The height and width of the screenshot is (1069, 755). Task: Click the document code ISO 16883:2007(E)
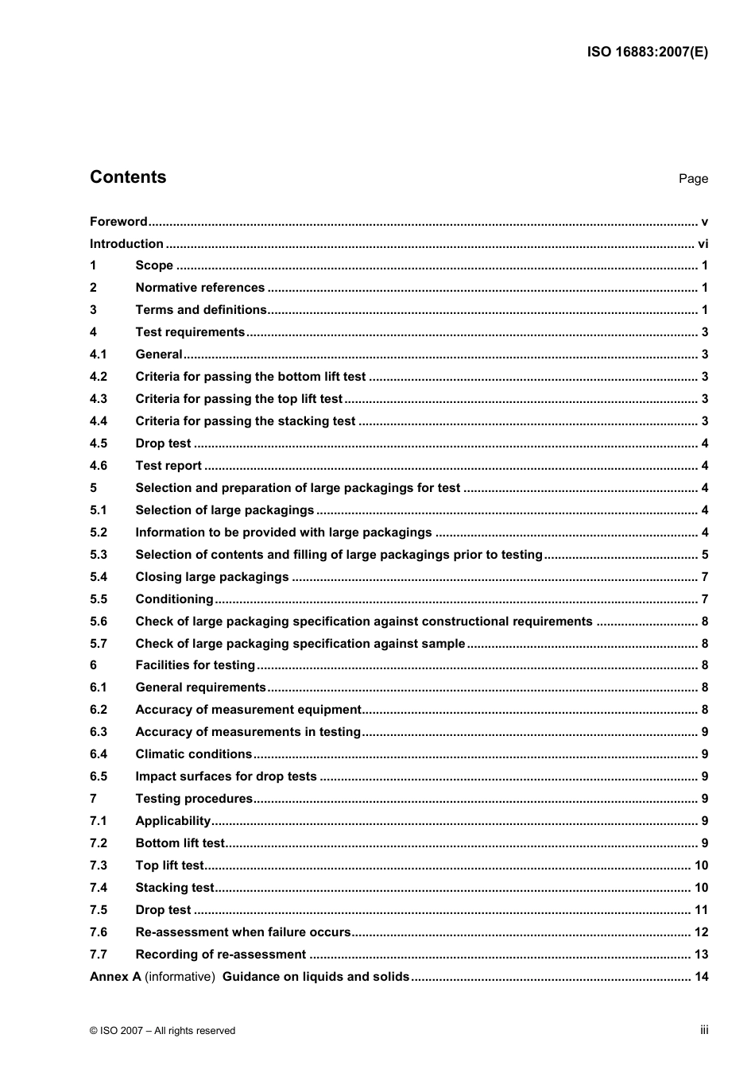coord(647,52)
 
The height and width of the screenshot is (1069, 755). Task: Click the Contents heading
coord(128,177)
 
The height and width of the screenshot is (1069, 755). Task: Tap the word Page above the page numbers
coord(693,179)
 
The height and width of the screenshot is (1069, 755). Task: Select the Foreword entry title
coord(118,222)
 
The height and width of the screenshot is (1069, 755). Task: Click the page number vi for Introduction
coord(703,244)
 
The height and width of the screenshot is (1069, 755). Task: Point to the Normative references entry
coord(199,288)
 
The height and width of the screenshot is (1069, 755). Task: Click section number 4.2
coord(99,377)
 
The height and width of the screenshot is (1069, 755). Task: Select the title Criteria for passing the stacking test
coord(245,421)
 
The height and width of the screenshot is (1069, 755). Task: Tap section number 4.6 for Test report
coord(99,466)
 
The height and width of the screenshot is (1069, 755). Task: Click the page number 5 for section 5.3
coord(705,555)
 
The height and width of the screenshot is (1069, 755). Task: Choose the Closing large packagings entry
coord(211,577)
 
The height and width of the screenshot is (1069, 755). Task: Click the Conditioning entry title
coord(174,599)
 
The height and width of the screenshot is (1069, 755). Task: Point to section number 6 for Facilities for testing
coord(94,665)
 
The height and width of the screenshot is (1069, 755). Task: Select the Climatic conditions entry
coord(193,754)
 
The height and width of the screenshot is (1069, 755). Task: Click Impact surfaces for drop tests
coord(226,777)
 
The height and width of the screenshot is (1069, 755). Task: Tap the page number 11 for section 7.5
coord(701,910)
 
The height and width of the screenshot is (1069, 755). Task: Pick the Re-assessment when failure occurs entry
coord(242,932)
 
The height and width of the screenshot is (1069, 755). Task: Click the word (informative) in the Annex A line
coord(180,977)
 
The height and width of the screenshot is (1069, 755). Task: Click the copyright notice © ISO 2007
coord(162,1031)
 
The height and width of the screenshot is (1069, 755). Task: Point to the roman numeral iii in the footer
coord(704,1030)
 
